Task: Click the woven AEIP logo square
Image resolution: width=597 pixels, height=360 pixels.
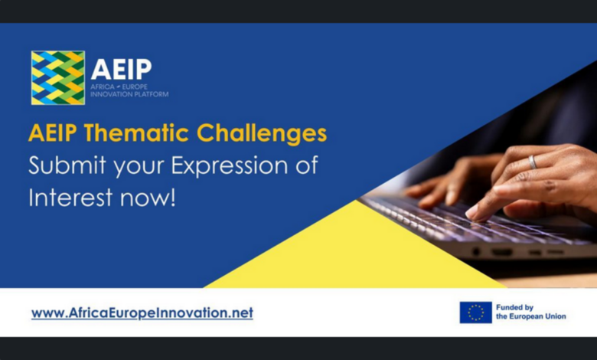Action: pos(57,77)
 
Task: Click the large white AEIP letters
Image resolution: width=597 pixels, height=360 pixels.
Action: pos(120,69)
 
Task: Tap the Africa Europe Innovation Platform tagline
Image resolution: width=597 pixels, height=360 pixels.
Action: pos(129,90)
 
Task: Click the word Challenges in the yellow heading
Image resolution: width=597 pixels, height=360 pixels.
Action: pos(262,133)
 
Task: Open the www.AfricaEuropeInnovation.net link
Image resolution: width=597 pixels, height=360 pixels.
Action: pos(142,313)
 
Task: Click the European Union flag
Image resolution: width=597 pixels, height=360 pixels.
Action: pos(475,312)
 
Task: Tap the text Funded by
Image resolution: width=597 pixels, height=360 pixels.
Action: pos(514,307)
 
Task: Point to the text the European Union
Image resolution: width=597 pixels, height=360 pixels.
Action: pos(531,316)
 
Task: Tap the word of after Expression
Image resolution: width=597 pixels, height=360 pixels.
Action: pos(305,165)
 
